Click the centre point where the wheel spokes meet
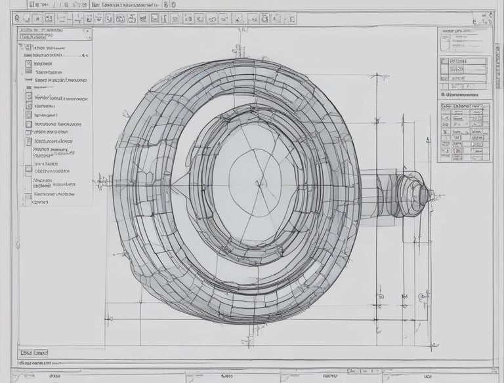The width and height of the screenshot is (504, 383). [261, 182]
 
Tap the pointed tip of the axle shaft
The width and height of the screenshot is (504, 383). [432, 194]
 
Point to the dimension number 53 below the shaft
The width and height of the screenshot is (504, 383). [379, 296]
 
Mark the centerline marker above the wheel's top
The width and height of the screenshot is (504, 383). [241, 50]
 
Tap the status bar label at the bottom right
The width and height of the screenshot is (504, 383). [427, 376]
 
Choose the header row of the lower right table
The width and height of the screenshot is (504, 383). [465, 106]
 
